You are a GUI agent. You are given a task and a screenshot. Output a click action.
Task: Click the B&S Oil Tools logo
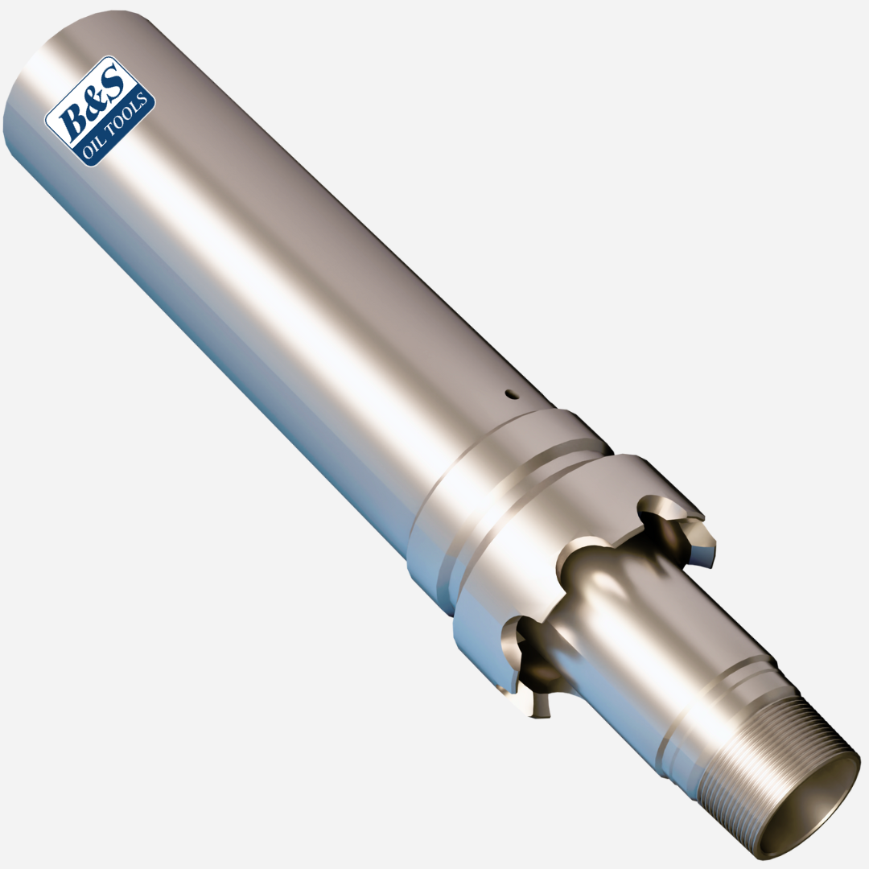pos(100,111)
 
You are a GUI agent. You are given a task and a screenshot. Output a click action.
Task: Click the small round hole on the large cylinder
pos(509,394)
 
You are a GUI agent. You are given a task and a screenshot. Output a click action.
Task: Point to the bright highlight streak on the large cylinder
pos(241,241)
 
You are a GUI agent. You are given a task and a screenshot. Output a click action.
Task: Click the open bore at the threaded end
pos(809,813)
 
